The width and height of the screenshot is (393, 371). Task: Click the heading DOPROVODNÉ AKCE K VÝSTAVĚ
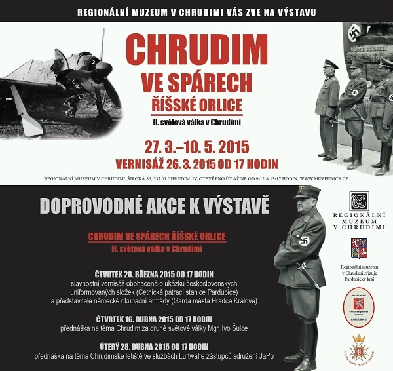tap(155, 206)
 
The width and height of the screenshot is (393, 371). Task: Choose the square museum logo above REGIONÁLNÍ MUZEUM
tap(359, 201)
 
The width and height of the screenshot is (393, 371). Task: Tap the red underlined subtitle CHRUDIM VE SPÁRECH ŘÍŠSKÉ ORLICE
tap(157, 237)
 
